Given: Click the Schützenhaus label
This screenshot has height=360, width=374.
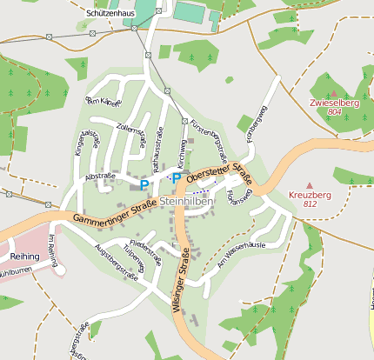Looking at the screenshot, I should pyautogui.click(x=110, y=13).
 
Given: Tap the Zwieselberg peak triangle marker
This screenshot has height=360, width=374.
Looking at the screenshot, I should pyautogui.click(x=333, y=93).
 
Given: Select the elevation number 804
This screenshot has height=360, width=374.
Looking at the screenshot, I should pyautogui.click(x=334, y=111).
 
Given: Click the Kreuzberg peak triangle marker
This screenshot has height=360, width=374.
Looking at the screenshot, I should pyautogui.click(x=309, y=185).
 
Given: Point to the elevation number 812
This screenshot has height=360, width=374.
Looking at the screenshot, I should pyautogui.click(x=310, y=203).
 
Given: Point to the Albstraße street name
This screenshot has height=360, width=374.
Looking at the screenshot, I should pyautogui.click(x=101, y=177).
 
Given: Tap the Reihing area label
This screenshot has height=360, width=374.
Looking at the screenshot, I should pyautogui.click(x=26, y=257).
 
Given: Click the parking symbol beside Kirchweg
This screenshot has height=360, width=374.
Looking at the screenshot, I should pyautogui.click(x=176, y=178).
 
